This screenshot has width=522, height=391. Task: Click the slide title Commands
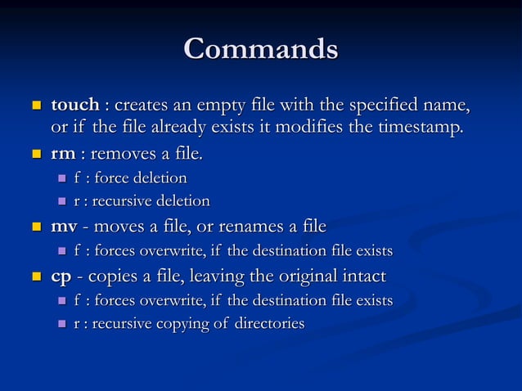(261, 48)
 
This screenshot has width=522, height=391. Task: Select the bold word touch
(75, 106)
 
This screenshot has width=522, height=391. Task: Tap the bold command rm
(63, 154)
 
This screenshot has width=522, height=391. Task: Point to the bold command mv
(65, 226)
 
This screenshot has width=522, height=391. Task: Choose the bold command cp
(61, 276)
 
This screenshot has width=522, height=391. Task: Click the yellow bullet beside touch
(36, 106)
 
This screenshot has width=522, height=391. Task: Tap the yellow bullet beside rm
(36, 155)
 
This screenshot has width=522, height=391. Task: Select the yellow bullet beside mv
(36, 227)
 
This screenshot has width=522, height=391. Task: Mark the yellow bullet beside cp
(36, 277)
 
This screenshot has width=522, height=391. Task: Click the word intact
(363, 276)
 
